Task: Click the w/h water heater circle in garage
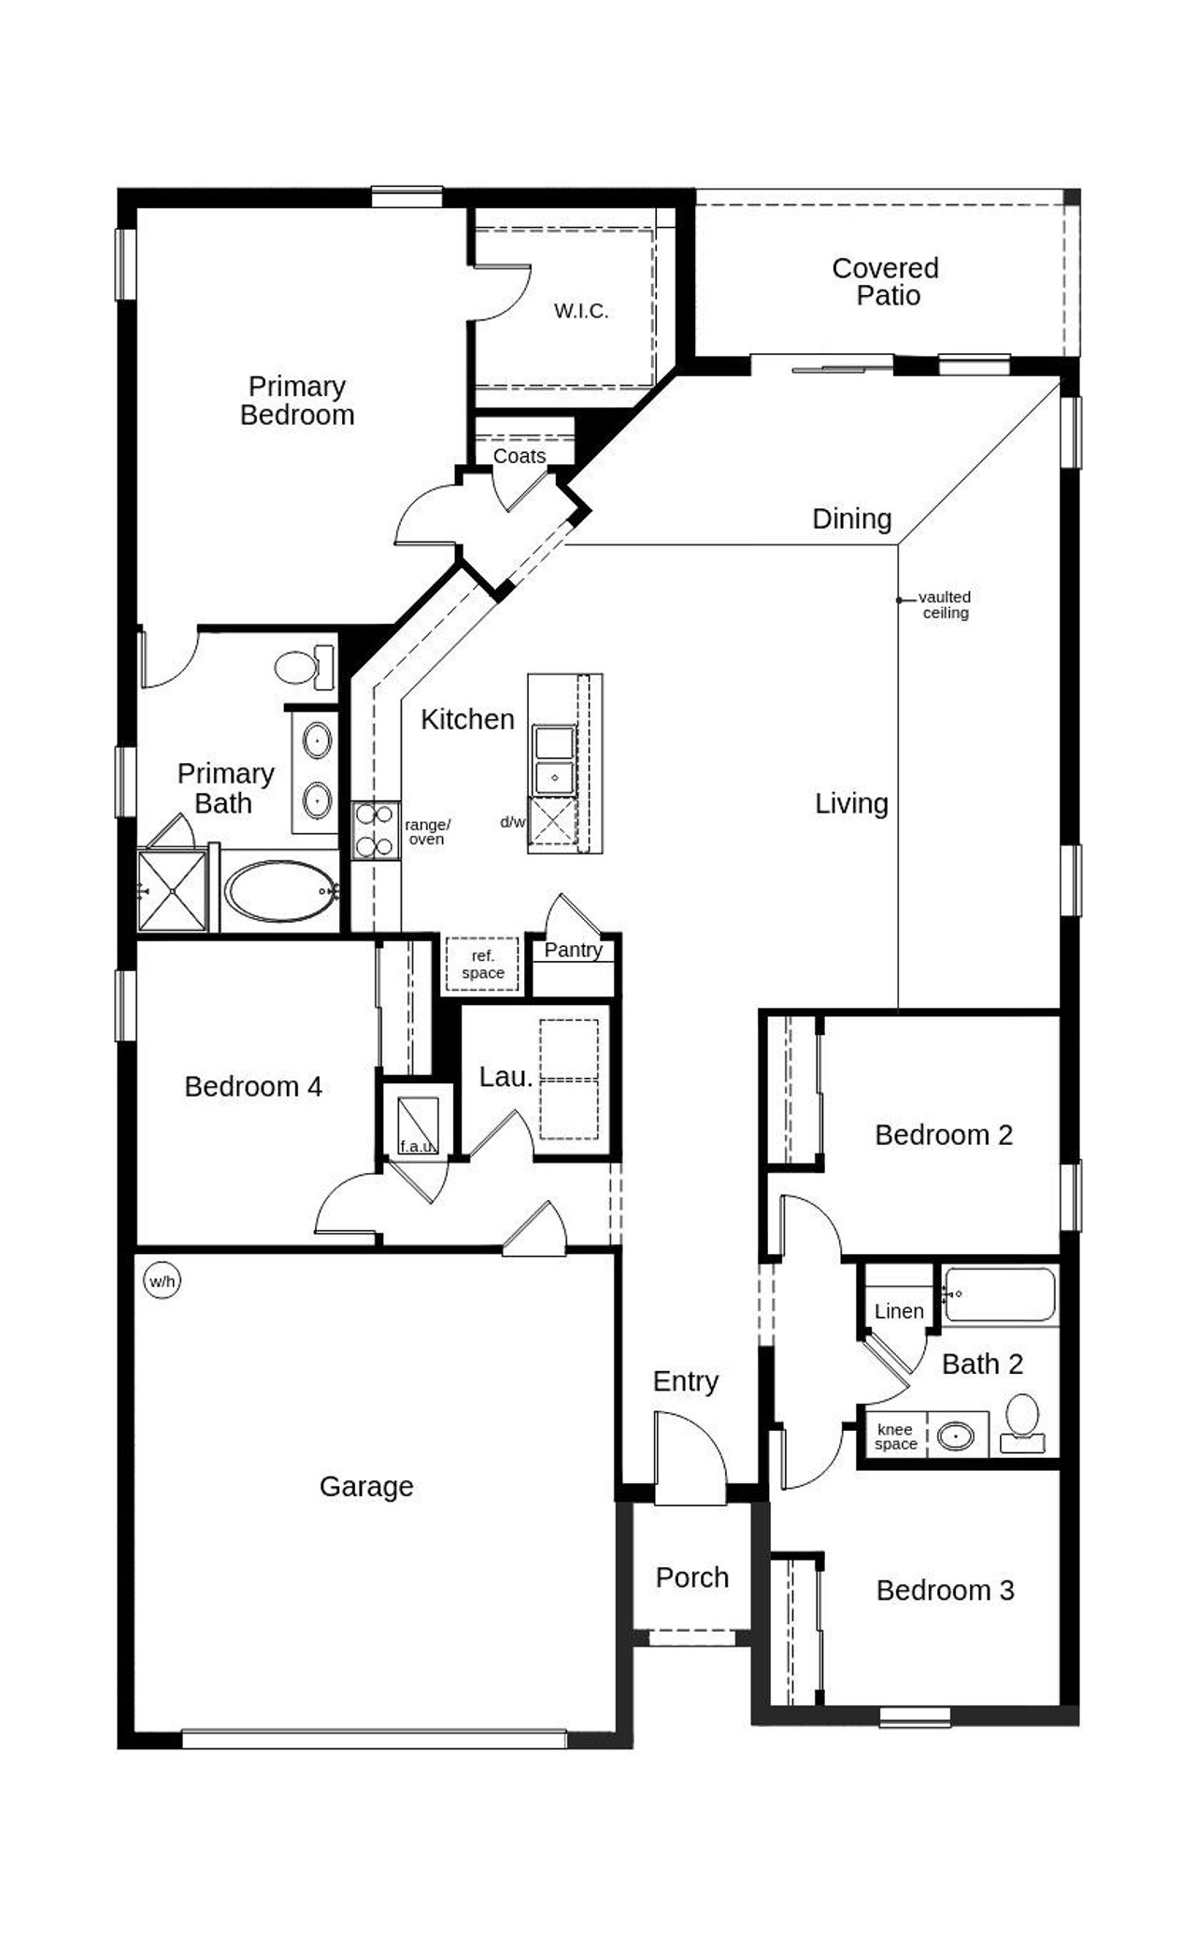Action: pyautogui.click(x=162, y=1280)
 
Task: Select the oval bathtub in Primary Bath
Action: pyautogui.click(x=280, y=892)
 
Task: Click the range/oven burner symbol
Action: pyautogui.click(x=375, y=830)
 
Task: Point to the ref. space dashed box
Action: pyautogui.click(x=482, y=964)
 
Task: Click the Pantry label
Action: pyautogui.click(x=573, y=950)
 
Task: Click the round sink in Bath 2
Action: pyautogui.click(x=956, y=1435)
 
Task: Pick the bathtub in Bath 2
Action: pyautogui.click(x=1000, y=1294)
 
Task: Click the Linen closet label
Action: pyautogui.click(x=899, y=1311)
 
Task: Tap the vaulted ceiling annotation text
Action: pyautogui.click(x=945, y=605)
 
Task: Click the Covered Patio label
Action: pyautogui.click(x=886, y=282)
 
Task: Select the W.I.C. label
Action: pyautogui.click(x=581, y=312)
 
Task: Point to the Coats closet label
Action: pyautogui.click(x=520, y=456)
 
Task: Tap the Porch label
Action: pyautogui.click(x=691, y=1577)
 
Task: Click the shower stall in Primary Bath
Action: pyautogui.click(x=172, y=891)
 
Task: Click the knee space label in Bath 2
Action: pyautogui.click(x=895, y=1436)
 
